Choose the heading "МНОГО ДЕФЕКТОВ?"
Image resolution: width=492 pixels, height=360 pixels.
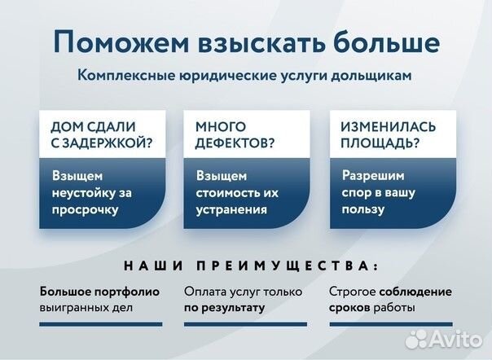(x=235, y=136)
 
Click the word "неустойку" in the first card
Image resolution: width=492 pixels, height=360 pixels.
(x=81, y=192)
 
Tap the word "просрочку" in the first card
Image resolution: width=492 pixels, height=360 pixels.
(x=86, y=209)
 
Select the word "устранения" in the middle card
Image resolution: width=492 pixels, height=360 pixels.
(x=232, y=209)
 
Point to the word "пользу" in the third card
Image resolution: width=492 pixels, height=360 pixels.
(x=361, y=209)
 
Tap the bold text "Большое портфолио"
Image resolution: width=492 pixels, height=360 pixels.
(x=99, y=291)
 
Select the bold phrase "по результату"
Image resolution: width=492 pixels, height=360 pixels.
(x=224, y=308)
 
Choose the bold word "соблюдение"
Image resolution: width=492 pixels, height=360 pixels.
(x=414, y=291)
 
